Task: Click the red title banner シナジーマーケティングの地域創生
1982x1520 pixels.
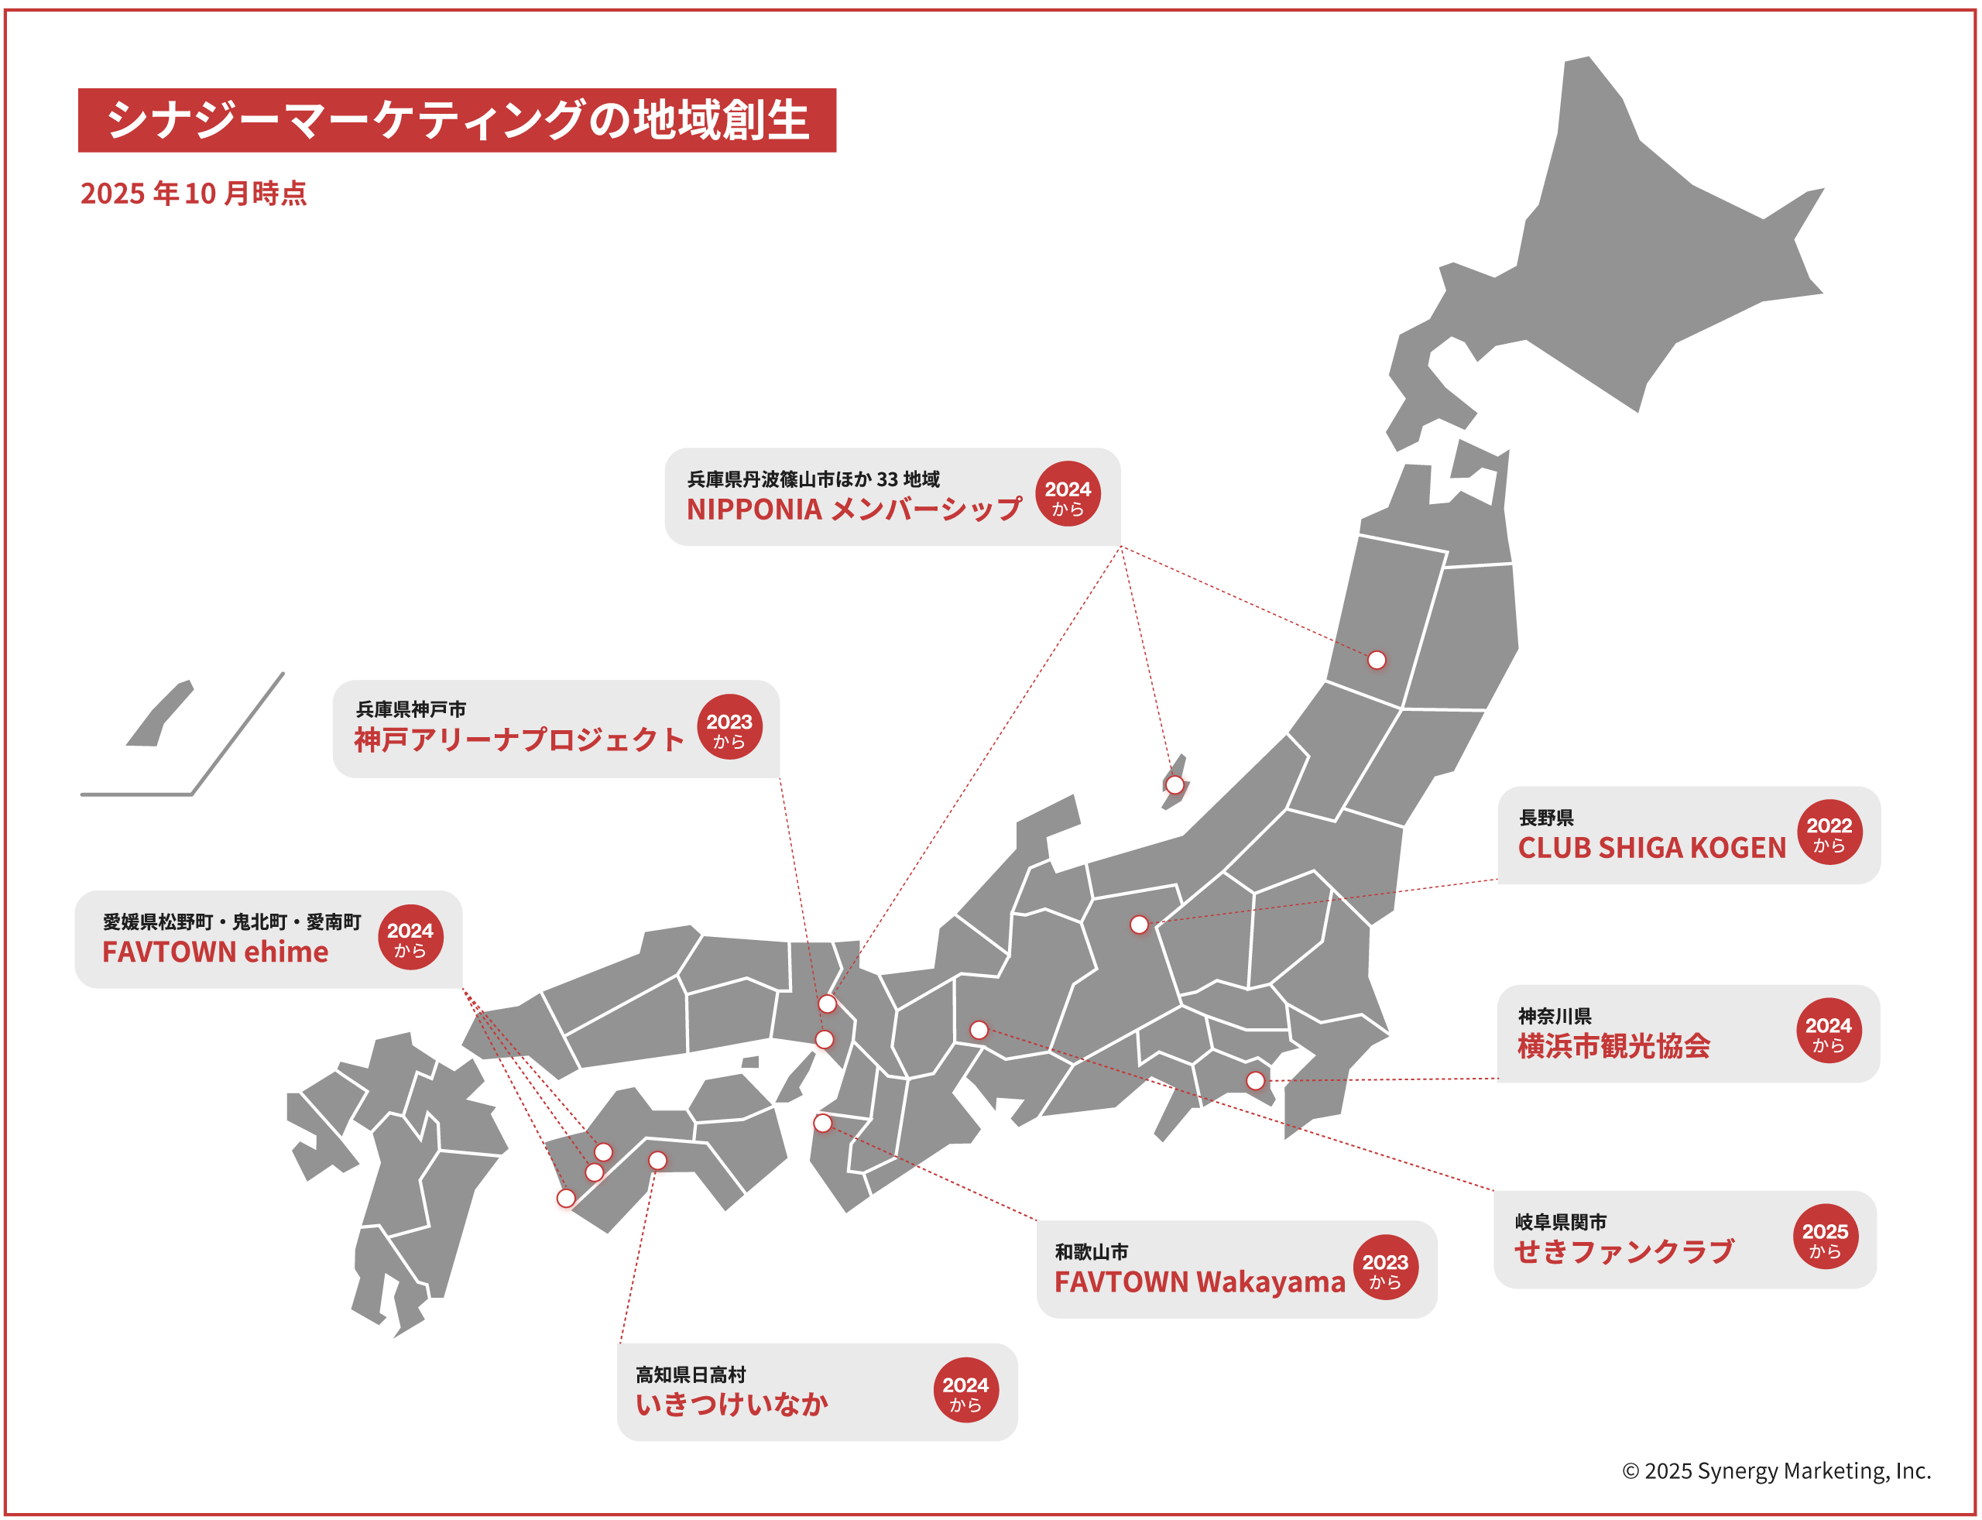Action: [x=457, y=120]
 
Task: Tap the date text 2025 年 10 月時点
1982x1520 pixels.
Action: [x=194, y=194]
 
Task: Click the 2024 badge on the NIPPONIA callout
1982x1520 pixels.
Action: [x=1068, y=494]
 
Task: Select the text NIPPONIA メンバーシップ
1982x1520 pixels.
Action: [x=854, y=510]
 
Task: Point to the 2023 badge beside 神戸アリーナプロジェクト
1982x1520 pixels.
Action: [x=729, y=726]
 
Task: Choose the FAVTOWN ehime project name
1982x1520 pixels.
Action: [x=215, y=952]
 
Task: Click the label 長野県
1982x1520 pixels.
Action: [x=1546, y=818]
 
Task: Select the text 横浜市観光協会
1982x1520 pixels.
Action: [x=1613, y=1046]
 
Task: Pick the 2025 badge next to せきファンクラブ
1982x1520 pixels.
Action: [x=1825, y=1237]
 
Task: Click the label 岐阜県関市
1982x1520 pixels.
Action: [x=1561, y=1223]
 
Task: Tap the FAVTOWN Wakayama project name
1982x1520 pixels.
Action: [x=1199, y=1282]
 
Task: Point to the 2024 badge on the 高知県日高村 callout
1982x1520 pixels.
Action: [x=965, y=1391]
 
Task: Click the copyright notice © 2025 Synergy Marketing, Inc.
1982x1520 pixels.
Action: [x=1776, y=1471]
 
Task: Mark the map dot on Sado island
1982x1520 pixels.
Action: [x=1174, y=784]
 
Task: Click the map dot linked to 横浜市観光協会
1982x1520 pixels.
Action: [x=1255, y=1080]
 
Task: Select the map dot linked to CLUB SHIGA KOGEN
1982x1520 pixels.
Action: [x=1139, y=925]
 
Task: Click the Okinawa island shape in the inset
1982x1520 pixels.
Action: [x=161, y=715]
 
